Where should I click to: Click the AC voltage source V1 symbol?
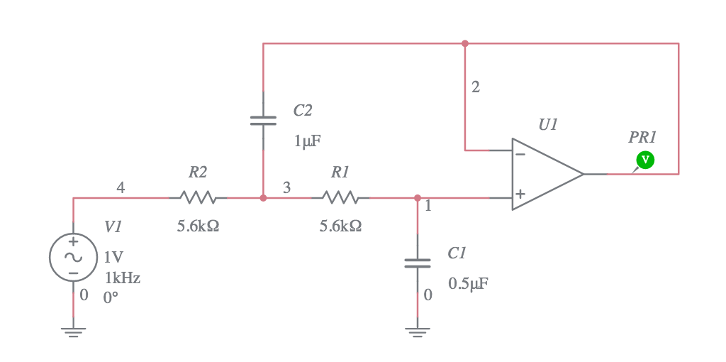(73, 257)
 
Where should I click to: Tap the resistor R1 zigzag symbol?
(340, 197)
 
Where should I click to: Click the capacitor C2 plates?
(263, 121)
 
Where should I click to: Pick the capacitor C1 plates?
(417, 263)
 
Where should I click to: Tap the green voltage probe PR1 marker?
(644, 160)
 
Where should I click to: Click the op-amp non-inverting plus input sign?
(520, 194)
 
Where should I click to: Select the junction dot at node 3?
(263, 198)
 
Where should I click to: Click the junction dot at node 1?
(417, 198)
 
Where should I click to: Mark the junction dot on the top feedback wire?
(465, 43)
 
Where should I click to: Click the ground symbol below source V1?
(73, 331)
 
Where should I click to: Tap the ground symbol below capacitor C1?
(417, 331)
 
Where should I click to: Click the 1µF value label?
(307, 141)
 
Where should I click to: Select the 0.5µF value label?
(468, 284)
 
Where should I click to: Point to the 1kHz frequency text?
(123, 278)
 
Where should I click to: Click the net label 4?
(121, 187)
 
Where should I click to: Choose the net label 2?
(475, 87)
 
